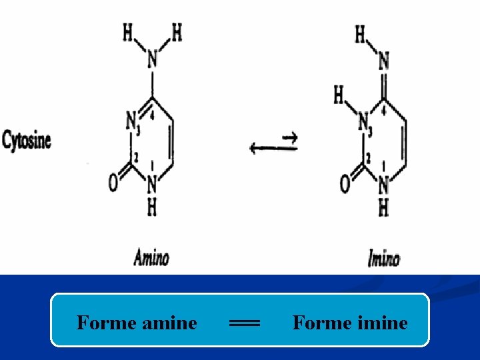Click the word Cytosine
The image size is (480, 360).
click(27, 141)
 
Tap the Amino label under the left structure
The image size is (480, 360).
click(151, 257)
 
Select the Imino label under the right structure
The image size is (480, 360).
click(383, 257)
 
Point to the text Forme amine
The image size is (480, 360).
click(137, 323)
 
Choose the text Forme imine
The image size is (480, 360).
click(350, 323)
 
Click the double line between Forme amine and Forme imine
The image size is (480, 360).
click(244, 323)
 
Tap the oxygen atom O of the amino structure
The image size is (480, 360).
click(113, 183)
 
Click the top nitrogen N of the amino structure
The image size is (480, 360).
click(152, 61)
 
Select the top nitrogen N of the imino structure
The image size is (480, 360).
click(383, 62)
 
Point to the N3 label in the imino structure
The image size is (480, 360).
click(363, 123)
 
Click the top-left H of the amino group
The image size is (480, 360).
click(127, 32)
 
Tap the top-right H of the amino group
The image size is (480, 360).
click(177, 32)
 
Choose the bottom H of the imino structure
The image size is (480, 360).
click(383, 208)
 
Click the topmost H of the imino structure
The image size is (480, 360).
click(360, 33)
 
